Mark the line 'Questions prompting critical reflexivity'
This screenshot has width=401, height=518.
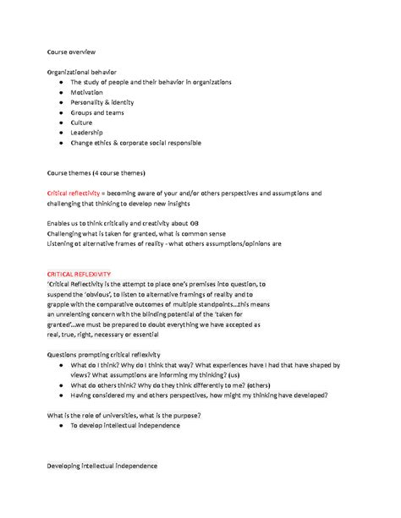(103, 354)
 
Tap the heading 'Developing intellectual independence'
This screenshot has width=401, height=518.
(102, 466)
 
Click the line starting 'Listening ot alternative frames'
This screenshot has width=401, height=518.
(164, 243)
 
